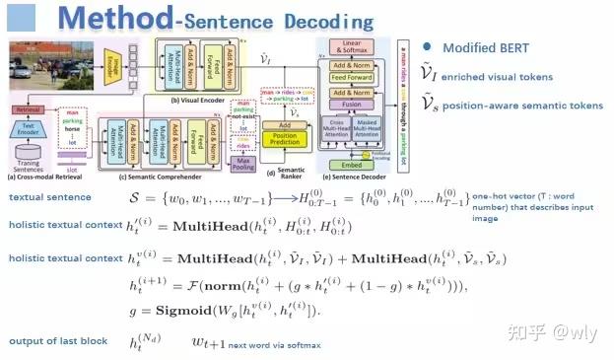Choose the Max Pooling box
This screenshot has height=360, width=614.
click(x=240, y=160)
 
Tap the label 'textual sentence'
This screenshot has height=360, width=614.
click(x=43, y=197)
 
